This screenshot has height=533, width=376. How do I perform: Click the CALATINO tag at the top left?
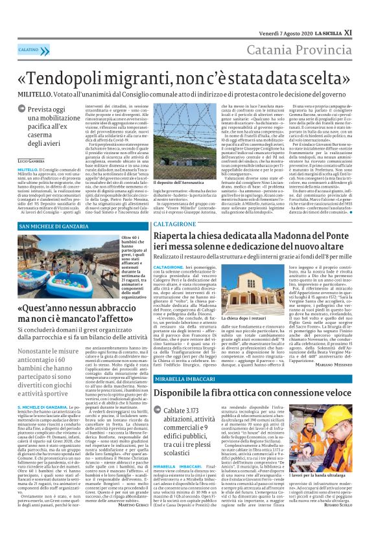(x=28, y=49)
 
